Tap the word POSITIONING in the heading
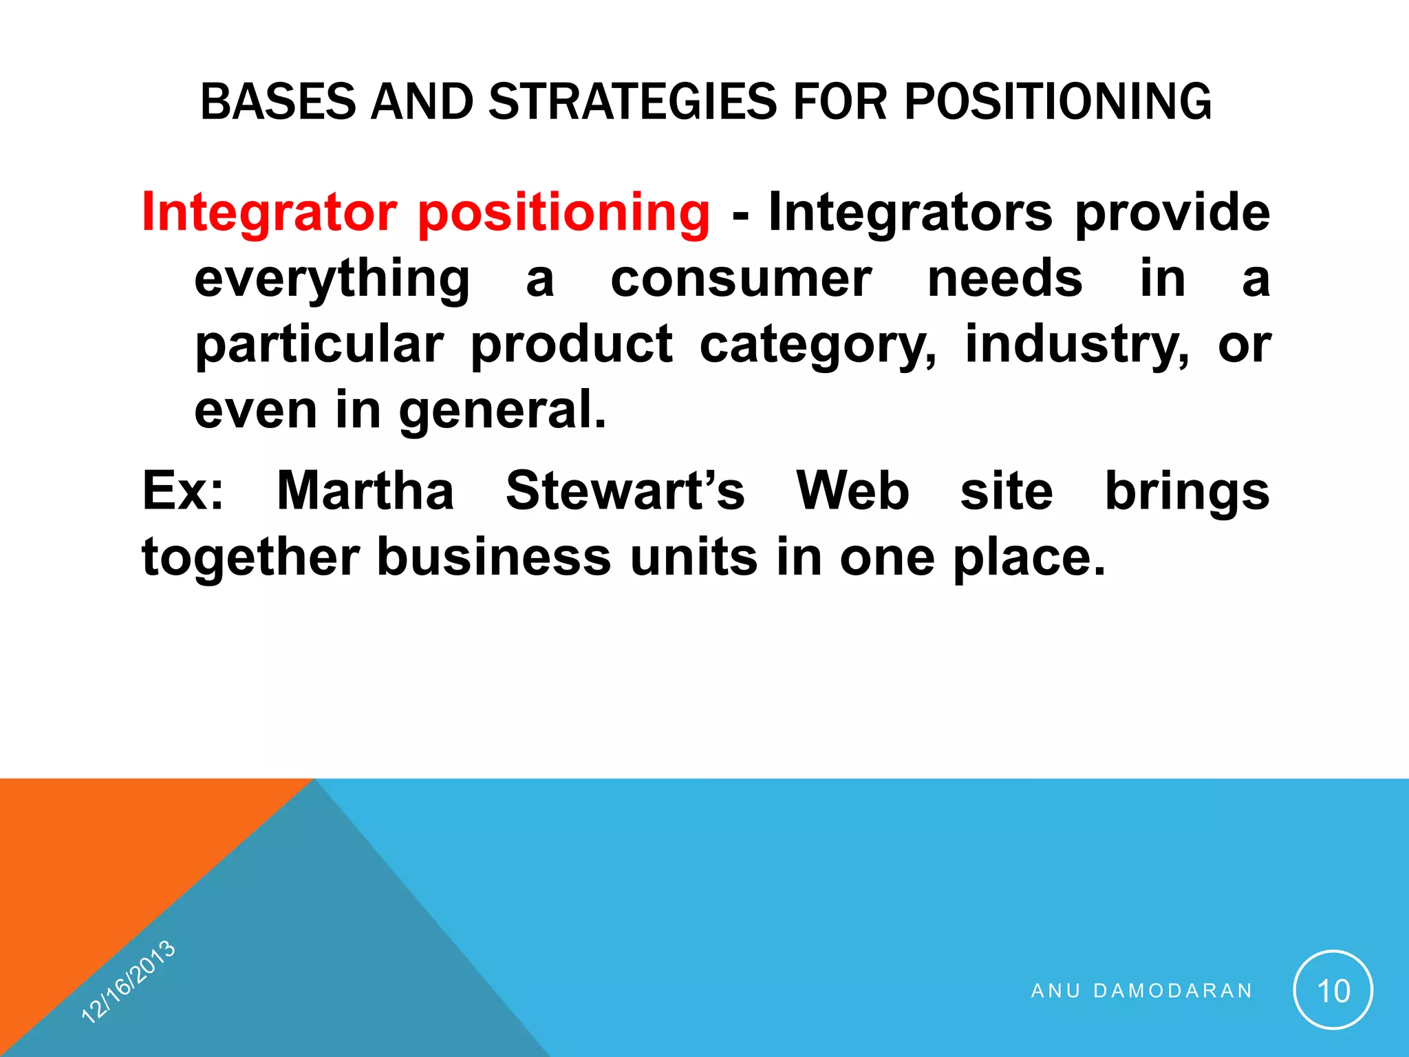point(1057,102)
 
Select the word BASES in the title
point(279,102)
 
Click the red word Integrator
point(270,213)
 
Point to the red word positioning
point(563,213)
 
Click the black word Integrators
point(910,213)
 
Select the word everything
point(332,279)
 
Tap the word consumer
point(741,279)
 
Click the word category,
point(817,345)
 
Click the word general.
point(502,410)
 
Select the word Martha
point(365,491)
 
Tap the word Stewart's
point(625,491)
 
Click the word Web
point(852,491)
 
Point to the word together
point(250,557)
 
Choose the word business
point(494,557)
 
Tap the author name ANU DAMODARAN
point(1141,991)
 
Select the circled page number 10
point(1333,991)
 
